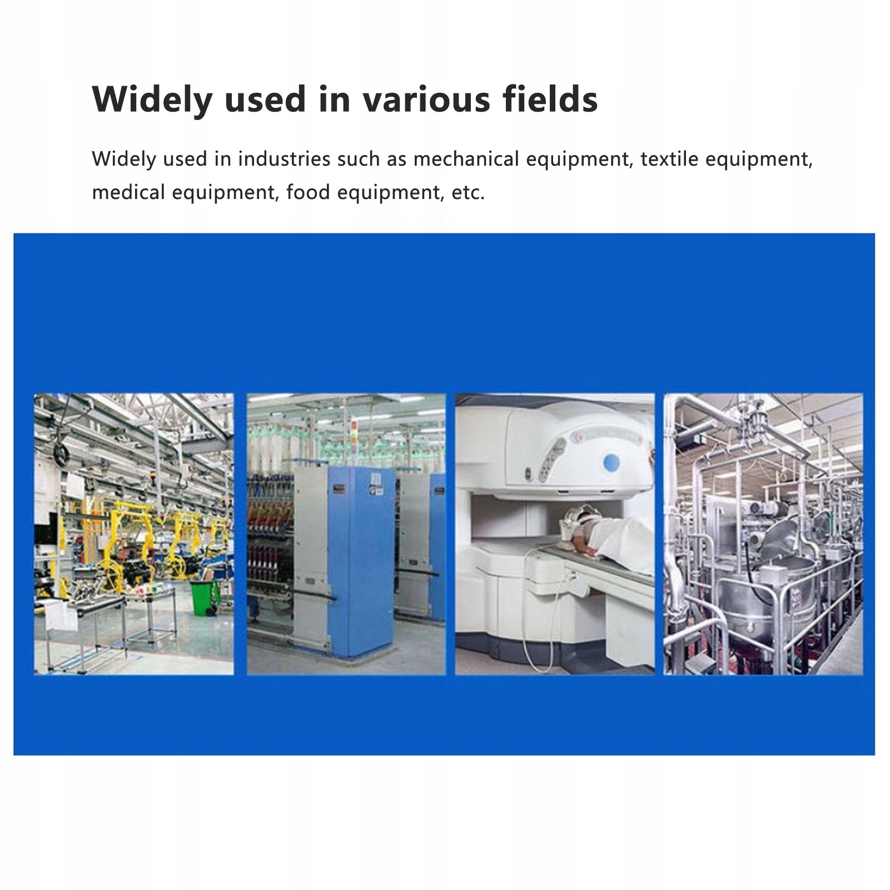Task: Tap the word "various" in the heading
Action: pyautogui.click(x=427, y=100)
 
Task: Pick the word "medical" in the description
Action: pyautogui.click(x=128, y=192)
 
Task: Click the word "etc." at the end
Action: pyautogui.click(x=468, y=193)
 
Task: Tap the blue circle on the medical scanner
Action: pyautogui.click(x=611, y=461)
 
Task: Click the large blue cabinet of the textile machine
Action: pyautogui.click(x=361, y=561)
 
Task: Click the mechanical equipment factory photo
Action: pyautogui.click(x=134, y=534)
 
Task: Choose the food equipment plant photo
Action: pyautogui.click(x=764, y=534)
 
